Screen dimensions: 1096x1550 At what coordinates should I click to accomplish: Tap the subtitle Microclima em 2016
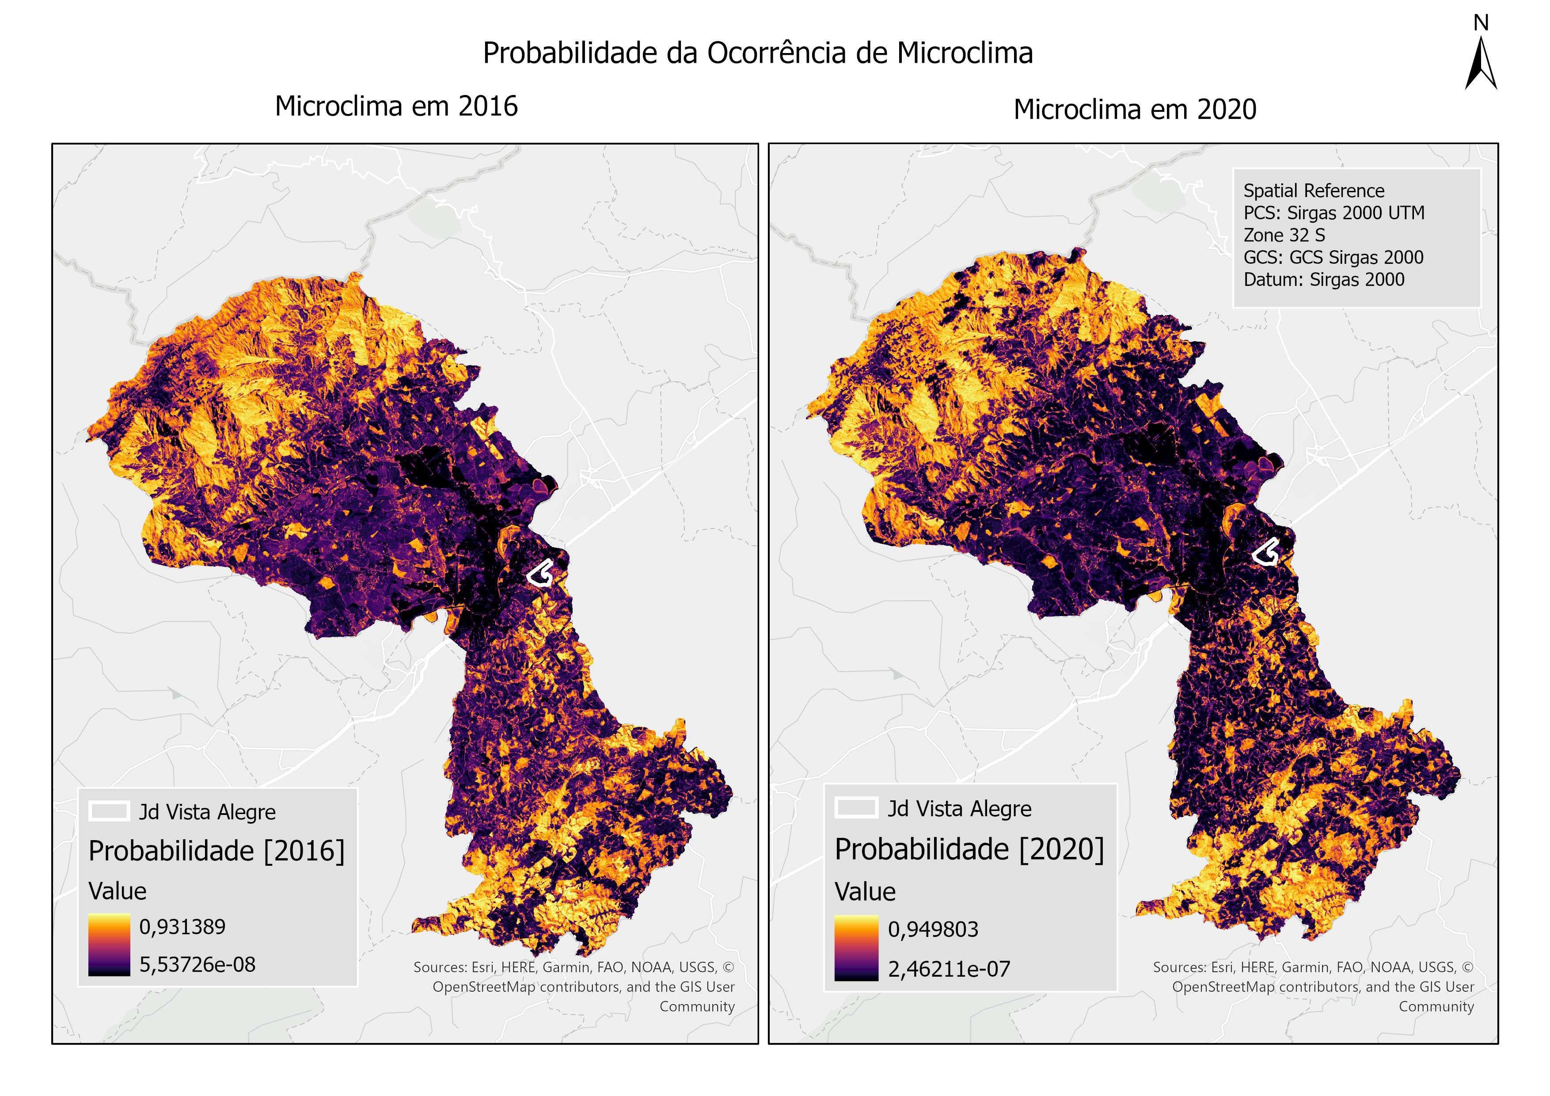point(396,107)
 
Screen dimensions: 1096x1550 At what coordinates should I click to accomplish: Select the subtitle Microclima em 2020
point(1135,110)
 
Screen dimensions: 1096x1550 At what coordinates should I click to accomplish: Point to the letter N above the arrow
point(1481,23)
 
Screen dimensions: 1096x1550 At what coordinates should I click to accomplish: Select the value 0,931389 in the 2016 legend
point(182,926)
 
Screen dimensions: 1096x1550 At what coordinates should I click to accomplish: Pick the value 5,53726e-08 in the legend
point(197,964)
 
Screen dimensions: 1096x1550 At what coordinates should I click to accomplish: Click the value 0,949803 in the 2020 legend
point(933,929)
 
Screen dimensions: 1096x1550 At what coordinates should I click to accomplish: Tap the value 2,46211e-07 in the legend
point(949,969)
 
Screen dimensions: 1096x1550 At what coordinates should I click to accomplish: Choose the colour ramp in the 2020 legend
point(856,948)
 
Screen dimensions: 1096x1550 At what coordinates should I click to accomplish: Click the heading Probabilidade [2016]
point(216,851)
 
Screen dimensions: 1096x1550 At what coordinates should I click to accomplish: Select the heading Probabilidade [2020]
point(969,849)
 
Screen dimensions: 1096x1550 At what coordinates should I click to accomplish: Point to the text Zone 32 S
point(1284,235)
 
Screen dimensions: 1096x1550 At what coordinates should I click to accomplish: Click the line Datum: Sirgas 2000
point(1323,280)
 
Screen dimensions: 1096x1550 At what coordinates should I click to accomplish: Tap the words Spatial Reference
point(1313,190)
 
